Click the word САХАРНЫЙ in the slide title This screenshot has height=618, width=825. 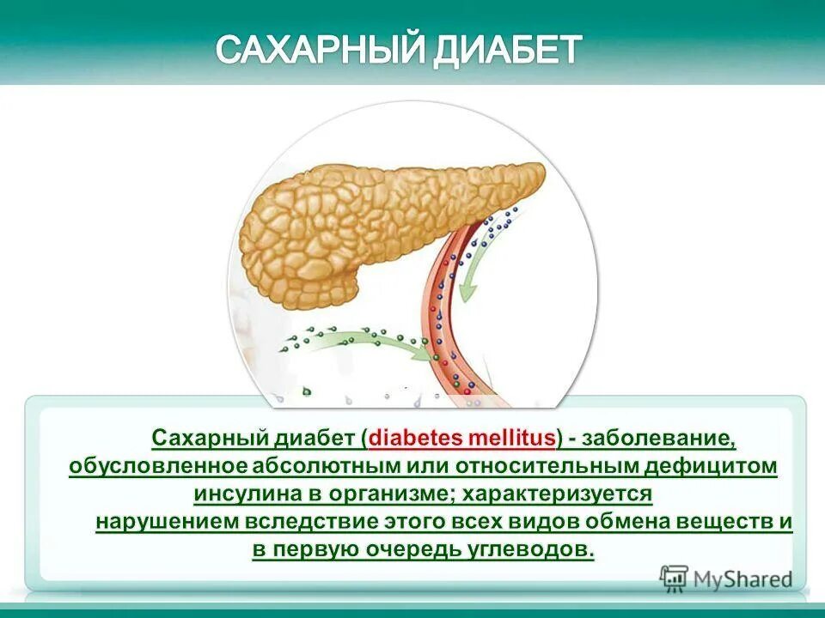coord(313,50)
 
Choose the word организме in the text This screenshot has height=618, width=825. coord(390,495)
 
